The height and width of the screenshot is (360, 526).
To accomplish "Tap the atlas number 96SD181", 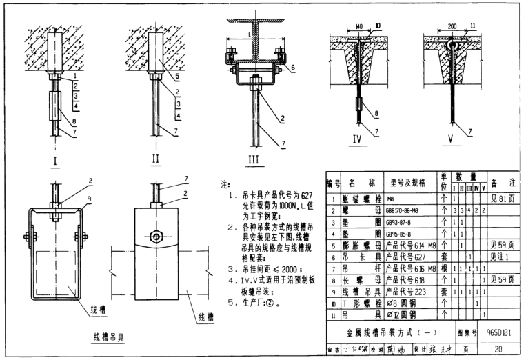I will click(498, 333).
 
